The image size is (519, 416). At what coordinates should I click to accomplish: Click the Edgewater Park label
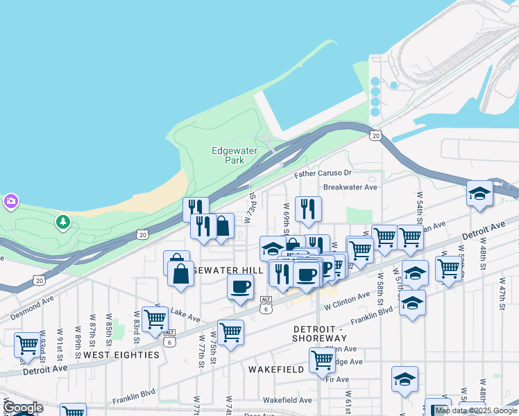[x=228, y=155]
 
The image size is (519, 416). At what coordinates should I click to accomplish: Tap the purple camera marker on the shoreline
[x=10, y=202]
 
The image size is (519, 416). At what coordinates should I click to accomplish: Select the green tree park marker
[x=63, y=222]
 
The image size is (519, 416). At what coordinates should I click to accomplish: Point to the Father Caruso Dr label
[x=323, y=173]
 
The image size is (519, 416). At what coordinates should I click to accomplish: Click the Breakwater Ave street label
[x=350, y=187]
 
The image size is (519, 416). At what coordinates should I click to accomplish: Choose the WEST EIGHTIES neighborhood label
[x=122, y=355]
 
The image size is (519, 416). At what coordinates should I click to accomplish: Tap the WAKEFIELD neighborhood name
[x=275, y=370]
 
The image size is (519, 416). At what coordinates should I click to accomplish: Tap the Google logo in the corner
[x=22, y=408]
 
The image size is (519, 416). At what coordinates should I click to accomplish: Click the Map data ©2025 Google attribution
[x=476, y=410]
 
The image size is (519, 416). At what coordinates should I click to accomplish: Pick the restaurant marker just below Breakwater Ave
[x=307, y=208]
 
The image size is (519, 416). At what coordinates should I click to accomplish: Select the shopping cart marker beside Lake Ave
[x=155, y=319]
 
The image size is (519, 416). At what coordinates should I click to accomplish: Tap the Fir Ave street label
[x=337, y=379]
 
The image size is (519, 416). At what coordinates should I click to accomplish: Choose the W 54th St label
[x=419, y=207]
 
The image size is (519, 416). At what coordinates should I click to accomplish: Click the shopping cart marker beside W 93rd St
[x=27, y=345]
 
